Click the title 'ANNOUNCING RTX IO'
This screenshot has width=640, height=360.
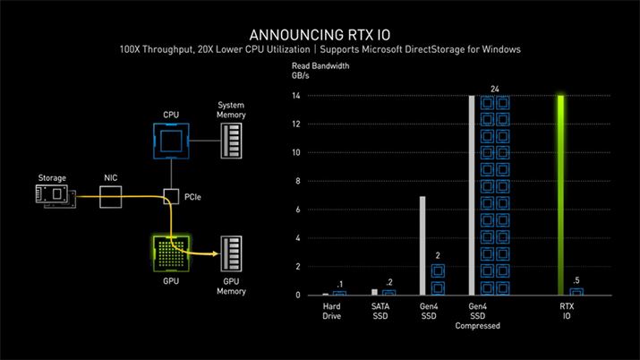(319, 29)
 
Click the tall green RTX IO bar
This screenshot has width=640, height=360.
(561, 194)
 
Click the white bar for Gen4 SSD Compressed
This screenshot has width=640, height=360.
(472, 194)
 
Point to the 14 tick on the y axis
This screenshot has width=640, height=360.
(296, 96)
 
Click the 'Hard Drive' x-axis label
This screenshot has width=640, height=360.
(333, 311)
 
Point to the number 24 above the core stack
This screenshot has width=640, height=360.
(495, 89)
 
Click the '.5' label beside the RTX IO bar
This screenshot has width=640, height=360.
(576, 281)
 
